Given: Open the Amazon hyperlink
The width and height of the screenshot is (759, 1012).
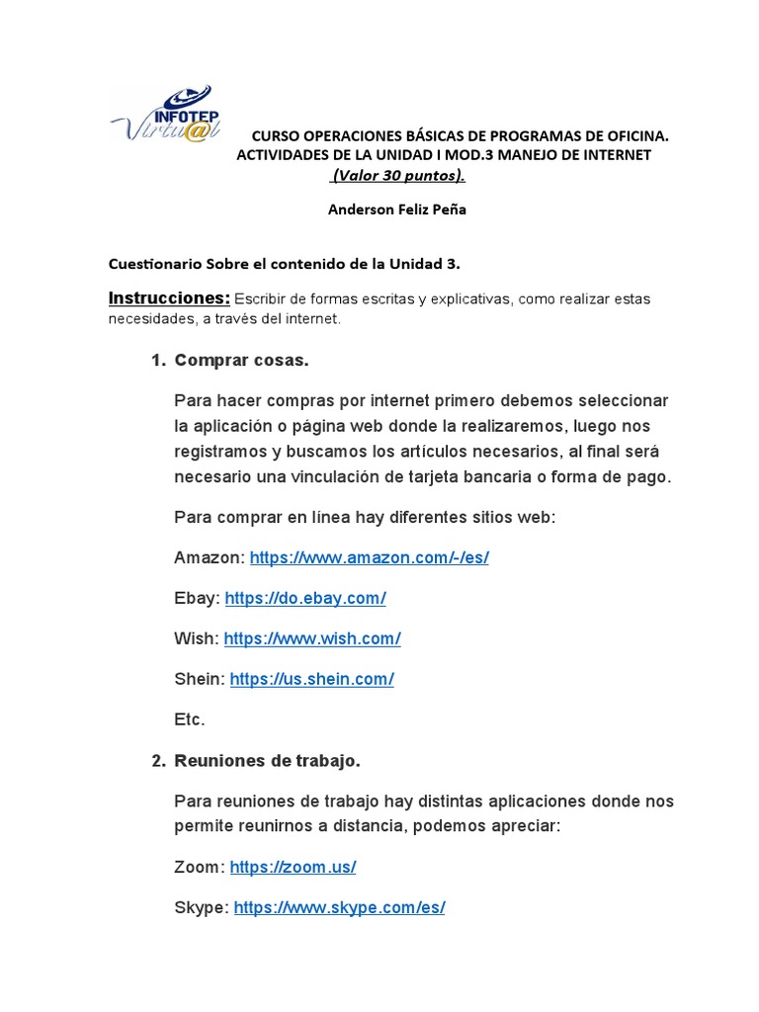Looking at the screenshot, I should tap(369, 557).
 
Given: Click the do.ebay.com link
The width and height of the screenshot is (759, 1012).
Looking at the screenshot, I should tap(304, 598).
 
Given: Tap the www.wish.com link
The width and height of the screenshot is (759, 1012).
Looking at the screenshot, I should tap(311, 638).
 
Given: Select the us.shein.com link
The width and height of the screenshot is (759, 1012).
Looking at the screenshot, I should tap(311, 679).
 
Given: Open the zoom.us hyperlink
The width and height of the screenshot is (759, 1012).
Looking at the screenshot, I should tap(293, 867).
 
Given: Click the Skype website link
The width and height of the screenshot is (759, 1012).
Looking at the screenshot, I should tap(339, 907).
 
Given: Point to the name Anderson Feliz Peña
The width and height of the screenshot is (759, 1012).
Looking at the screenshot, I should tap(396, 210).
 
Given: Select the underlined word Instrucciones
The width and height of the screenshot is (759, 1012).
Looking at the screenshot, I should tap(168, 297).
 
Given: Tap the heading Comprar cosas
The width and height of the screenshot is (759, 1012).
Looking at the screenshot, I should tap(241, 361).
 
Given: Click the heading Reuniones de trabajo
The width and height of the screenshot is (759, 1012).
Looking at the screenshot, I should tap(267, 761).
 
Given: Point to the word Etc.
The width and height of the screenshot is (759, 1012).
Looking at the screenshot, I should tap(189, 719).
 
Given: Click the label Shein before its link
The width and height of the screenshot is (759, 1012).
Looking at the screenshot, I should tap(198, 679).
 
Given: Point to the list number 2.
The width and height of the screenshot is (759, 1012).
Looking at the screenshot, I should tap(157, 761).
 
